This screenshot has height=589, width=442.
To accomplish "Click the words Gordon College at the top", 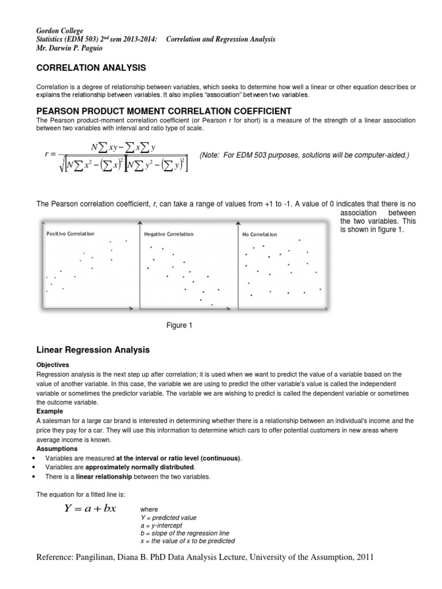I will coord(59,30).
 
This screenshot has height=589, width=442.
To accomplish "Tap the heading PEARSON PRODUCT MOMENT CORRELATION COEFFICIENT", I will coord(164,110).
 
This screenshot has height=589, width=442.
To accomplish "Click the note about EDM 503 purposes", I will coord(304,155).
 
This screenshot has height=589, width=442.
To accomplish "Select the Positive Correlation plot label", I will coord(70,234).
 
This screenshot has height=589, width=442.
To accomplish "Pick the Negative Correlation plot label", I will coord(168,234).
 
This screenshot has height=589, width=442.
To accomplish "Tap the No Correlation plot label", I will coord(259,234).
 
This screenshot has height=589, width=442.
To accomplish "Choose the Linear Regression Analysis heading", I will coord(93,350).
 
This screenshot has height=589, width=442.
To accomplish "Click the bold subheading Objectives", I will coord(53,365).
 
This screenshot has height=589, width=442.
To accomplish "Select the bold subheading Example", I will coord(49,412).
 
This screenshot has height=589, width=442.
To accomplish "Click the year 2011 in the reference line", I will coord(363,557).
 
